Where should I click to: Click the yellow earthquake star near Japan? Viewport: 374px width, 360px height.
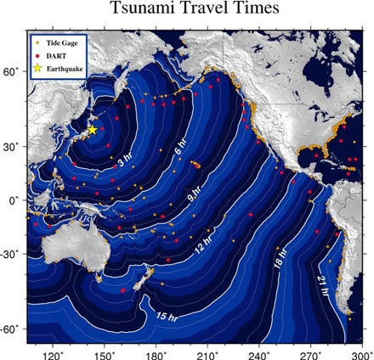[x=93, y=130]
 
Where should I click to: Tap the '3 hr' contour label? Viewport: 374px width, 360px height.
[x=125, y=158]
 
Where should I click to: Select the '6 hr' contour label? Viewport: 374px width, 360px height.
[x=180, y=150]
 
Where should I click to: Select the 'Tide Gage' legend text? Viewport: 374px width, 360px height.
[x=65, y=40]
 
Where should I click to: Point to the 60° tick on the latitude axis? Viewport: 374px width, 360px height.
[x=12, y=74]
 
